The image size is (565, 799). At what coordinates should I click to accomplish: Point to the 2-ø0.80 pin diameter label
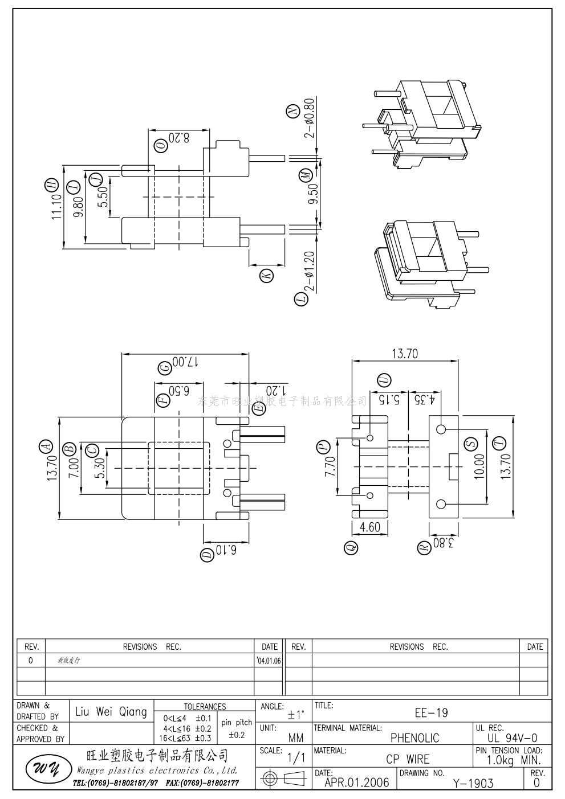coord(309,118)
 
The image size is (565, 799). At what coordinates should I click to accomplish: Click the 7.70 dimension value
coord(329,468)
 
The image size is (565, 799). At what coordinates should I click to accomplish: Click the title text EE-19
coord(431,712)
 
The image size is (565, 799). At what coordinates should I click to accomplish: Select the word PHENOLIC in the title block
coord(414,738)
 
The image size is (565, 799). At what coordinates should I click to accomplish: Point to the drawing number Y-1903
coord(473,783)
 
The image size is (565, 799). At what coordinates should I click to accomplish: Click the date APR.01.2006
coord(356,782)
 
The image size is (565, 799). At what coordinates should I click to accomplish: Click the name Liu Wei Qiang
coord(111,712)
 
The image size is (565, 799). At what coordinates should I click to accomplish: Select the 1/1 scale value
coord(295,758)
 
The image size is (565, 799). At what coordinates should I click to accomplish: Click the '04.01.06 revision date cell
coord(269,661)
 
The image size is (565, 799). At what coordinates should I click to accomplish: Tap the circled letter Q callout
coord(351,548)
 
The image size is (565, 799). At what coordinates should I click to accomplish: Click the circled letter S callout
coord(470,444)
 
